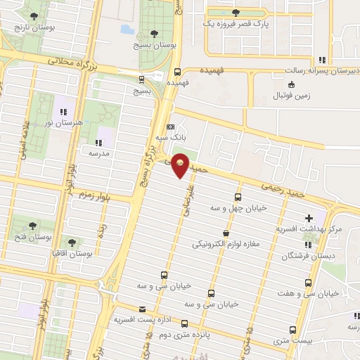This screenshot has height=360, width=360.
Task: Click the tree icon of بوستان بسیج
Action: coord(154,33)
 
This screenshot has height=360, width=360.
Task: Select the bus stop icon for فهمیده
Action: coord(177,70)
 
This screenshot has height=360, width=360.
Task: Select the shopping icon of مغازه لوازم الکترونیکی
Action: coord(225,232)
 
